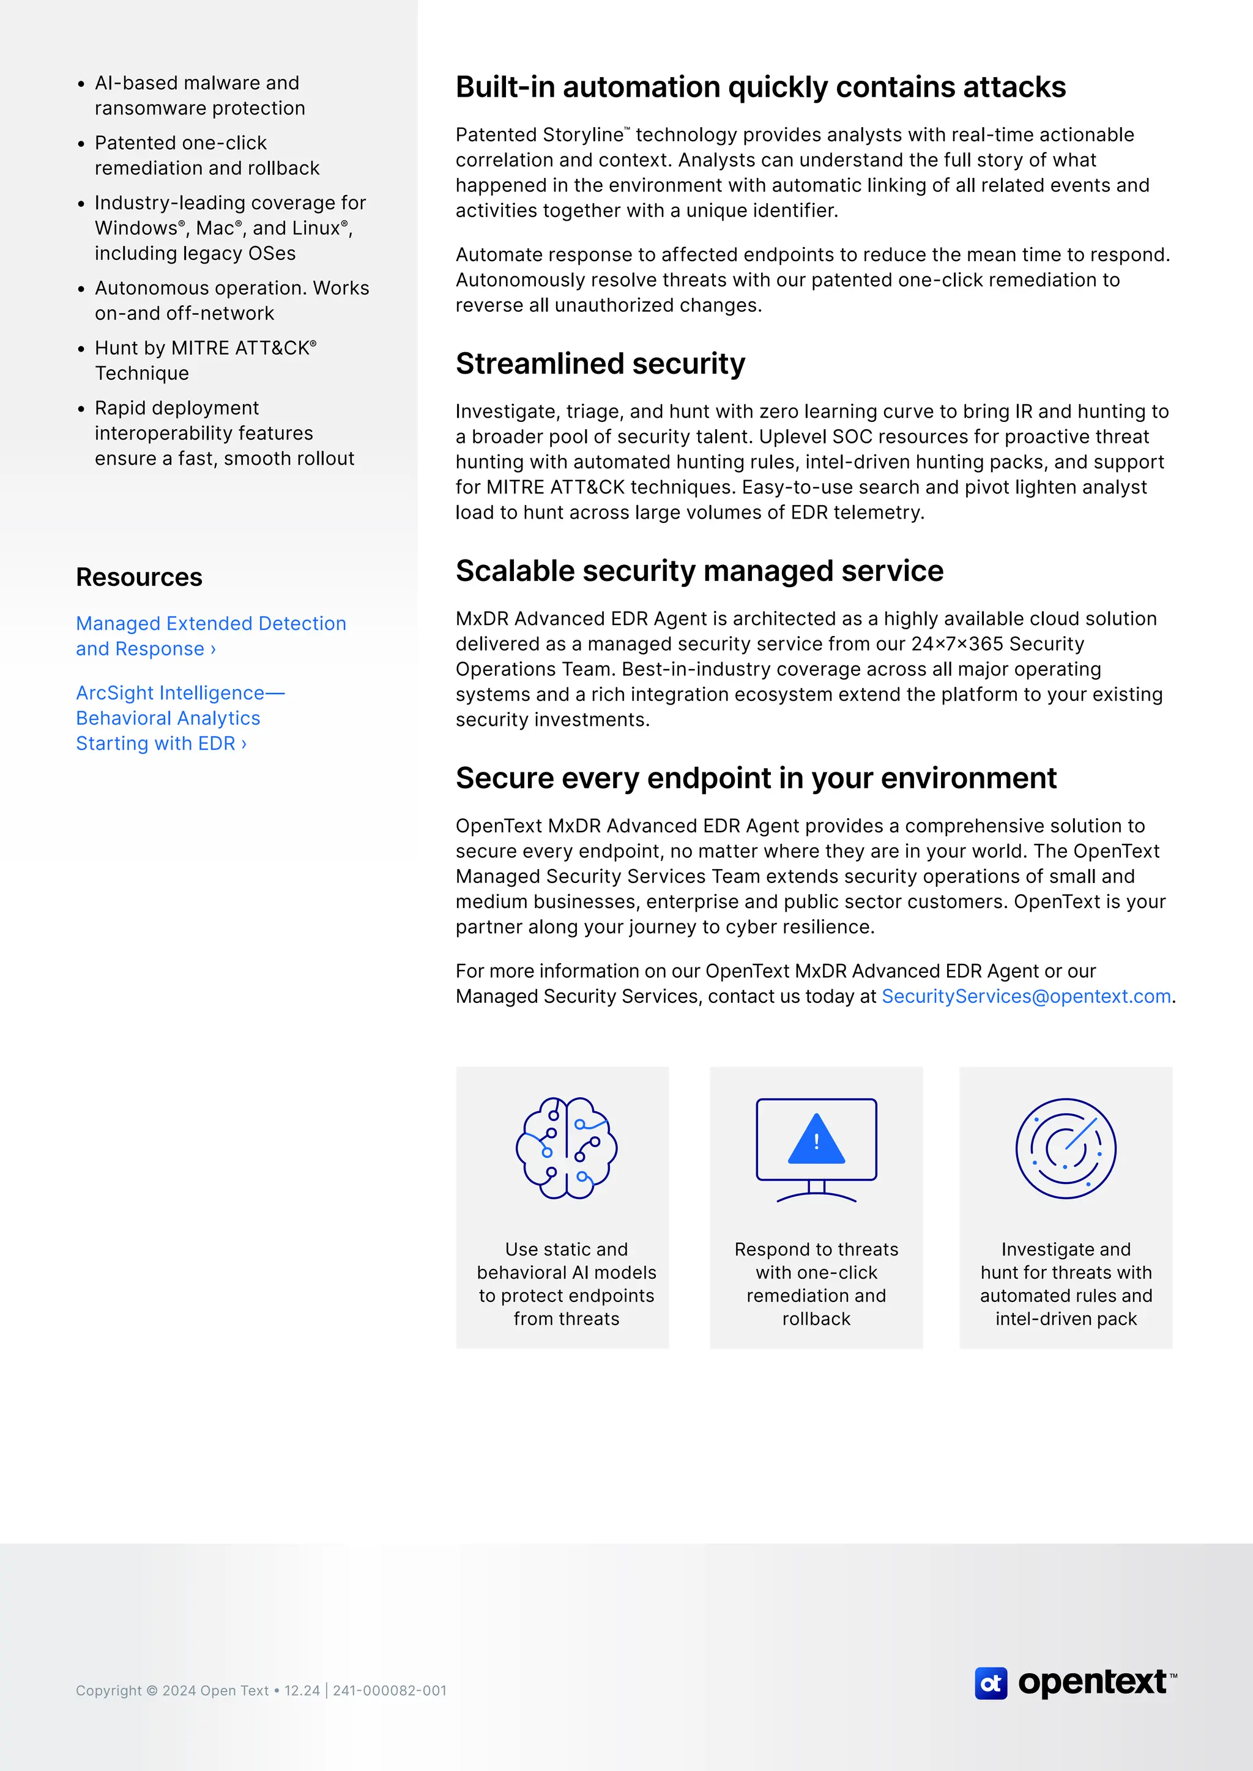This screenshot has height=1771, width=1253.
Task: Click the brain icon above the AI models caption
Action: (567, 1147)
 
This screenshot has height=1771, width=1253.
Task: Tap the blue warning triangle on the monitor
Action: (816, 1140)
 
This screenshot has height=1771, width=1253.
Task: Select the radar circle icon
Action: (1066, 1148)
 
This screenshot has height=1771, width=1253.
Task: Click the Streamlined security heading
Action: (600, 363)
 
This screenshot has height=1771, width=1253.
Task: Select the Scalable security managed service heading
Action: (699, 571)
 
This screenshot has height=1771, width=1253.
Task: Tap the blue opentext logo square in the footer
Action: (991, 1683)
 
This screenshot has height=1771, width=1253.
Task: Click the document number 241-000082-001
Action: (390, 1690)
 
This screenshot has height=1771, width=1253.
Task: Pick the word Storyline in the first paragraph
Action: (582, 135)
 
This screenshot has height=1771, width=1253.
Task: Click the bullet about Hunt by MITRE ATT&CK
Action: (205, 360)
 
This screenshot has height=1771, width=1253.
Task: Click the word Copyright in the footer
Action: (109, 1690)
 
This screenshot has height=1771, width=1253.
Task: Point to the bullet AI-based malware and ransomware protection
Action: (199, 95)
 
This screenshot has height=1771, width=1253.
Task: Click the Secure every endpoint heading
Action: (756, 778)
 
